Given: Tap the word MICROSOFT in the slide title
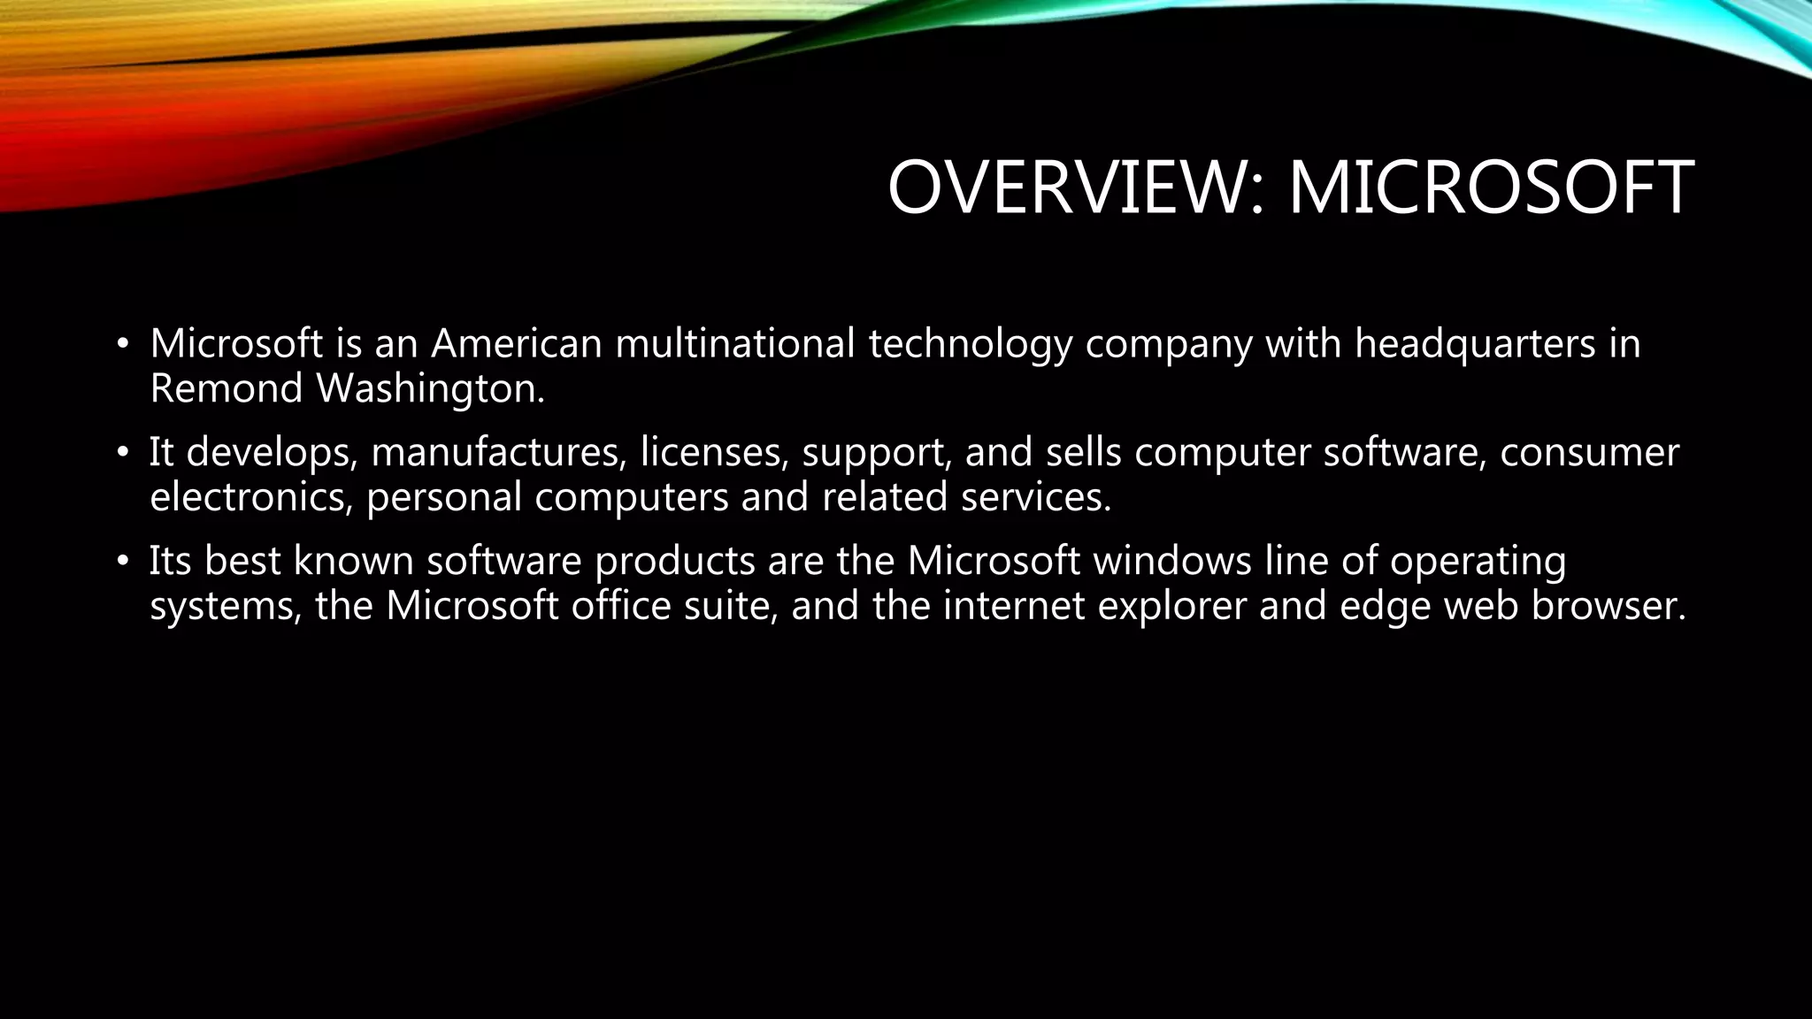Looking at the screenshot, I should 1491,188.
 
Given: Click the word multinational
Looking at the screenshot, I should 735,343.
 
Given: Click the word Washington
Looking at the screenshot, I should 431,388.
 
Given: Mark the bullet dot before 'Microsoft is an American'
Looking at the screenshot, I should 123,344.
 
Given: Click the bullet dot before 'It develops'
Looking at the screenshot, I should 123,453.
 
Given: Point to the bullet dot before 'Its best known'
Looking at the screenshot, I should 123,562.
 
